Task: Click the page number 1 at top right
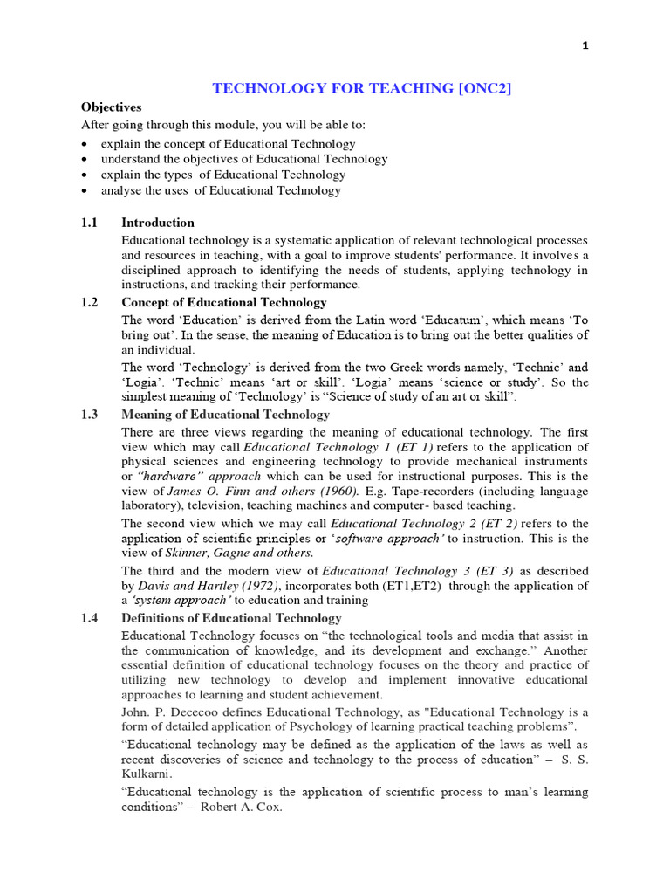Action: coord(585,46)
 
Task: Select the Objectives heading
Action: coord(111,107)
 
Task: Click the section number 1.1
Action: coord(90,223)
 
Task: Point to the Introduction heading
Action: coord(158,223)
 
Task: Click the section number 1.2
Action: coord(90,302)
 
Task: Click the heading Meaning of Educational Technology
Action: coord(225,415)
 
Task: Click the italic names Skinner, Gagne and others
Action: coord(239,553)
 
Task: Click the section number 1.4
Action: coord(90,618)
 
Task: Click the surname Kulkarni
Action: coord(147,774)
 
